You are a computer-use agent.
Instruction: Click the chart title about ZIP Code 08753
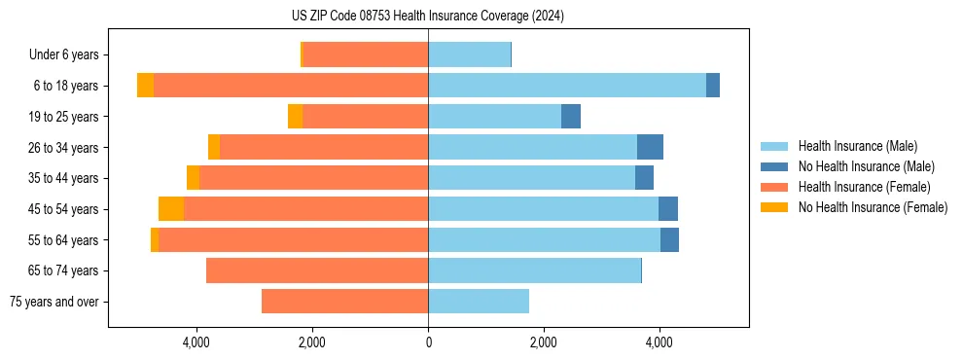point(428,17)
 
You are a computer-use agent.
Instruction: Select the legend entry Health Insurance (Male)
point(856,146)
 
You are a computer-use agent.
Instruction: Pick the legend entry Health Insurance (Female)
point(864,187)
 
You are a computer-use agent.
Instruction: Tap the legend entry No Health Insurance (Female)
point(873,207)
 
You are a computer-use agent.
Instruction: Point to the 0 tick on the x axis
point(428,342)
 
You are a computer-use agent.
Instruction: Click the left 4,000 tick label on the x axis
point(196,342)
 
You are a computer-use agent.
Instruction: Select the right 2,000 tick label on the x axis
point(544,342)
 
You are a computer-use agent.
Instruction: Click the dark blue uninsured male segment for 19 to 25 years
point(571,117)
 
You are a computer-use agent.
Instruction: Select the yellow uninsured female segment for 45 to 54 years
point(171,209)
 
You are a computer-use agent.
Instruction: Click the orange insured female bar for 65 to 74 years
point(317,270)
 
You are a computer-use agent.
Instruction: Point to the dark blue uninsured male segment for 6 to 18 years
point(713,86)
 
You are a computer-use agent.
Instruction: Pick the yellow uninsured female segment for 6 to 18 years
point(145,86)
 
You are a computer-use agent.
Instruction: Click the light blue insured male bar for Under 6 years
point(469,54)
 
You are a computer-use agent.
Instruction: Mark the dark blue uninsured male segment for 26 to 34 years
point(650,147)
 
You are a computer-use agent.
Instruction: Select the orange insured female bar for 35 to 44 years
point(313,178)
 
